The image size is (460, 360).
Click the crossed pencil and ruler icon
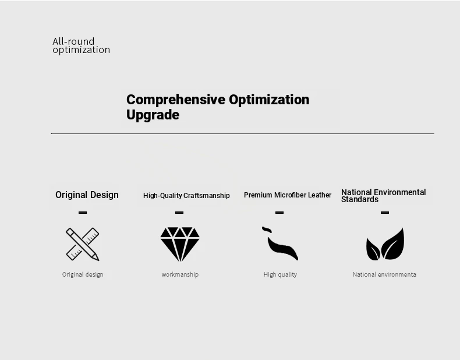coord(83,244)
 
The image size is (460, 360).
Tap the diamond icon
coord(180,244)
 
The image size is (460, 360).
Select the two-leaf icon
coord(385,244)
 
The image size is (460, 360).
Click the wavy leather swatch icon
coord(280,243)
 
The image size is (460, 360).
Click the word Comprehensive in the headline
coord(176,100)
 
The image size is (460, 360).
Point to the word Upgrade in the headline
coord(153,115)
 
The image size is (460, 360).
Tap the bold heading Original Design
coord(87,195)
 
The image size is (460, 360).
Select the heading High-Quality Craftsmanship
coord(186,196)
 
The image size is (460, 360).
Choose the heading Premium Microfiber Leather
coord(288,195)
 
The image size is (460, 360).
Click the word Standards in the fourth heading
coord(360,199)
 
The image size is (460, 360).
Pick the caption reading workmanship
coord(180,274)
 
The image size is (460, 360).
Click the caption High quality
coord(280,274)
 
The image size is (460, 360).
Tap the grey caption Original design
coord(83,274)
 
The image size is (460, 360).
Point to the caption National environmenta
coord(384,274)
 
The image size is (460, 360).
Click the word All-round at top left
coord(73,41)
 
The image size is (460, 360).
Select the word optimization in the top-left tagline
coord(82,50)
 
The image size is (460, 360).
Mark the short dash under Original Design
coord(83,213)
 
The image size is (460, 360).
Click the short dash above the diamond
coord(179,213)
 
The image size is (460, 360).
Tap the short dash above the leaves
coord(385,213)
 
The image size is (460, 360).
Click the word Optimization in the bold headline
coord(269,100)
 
